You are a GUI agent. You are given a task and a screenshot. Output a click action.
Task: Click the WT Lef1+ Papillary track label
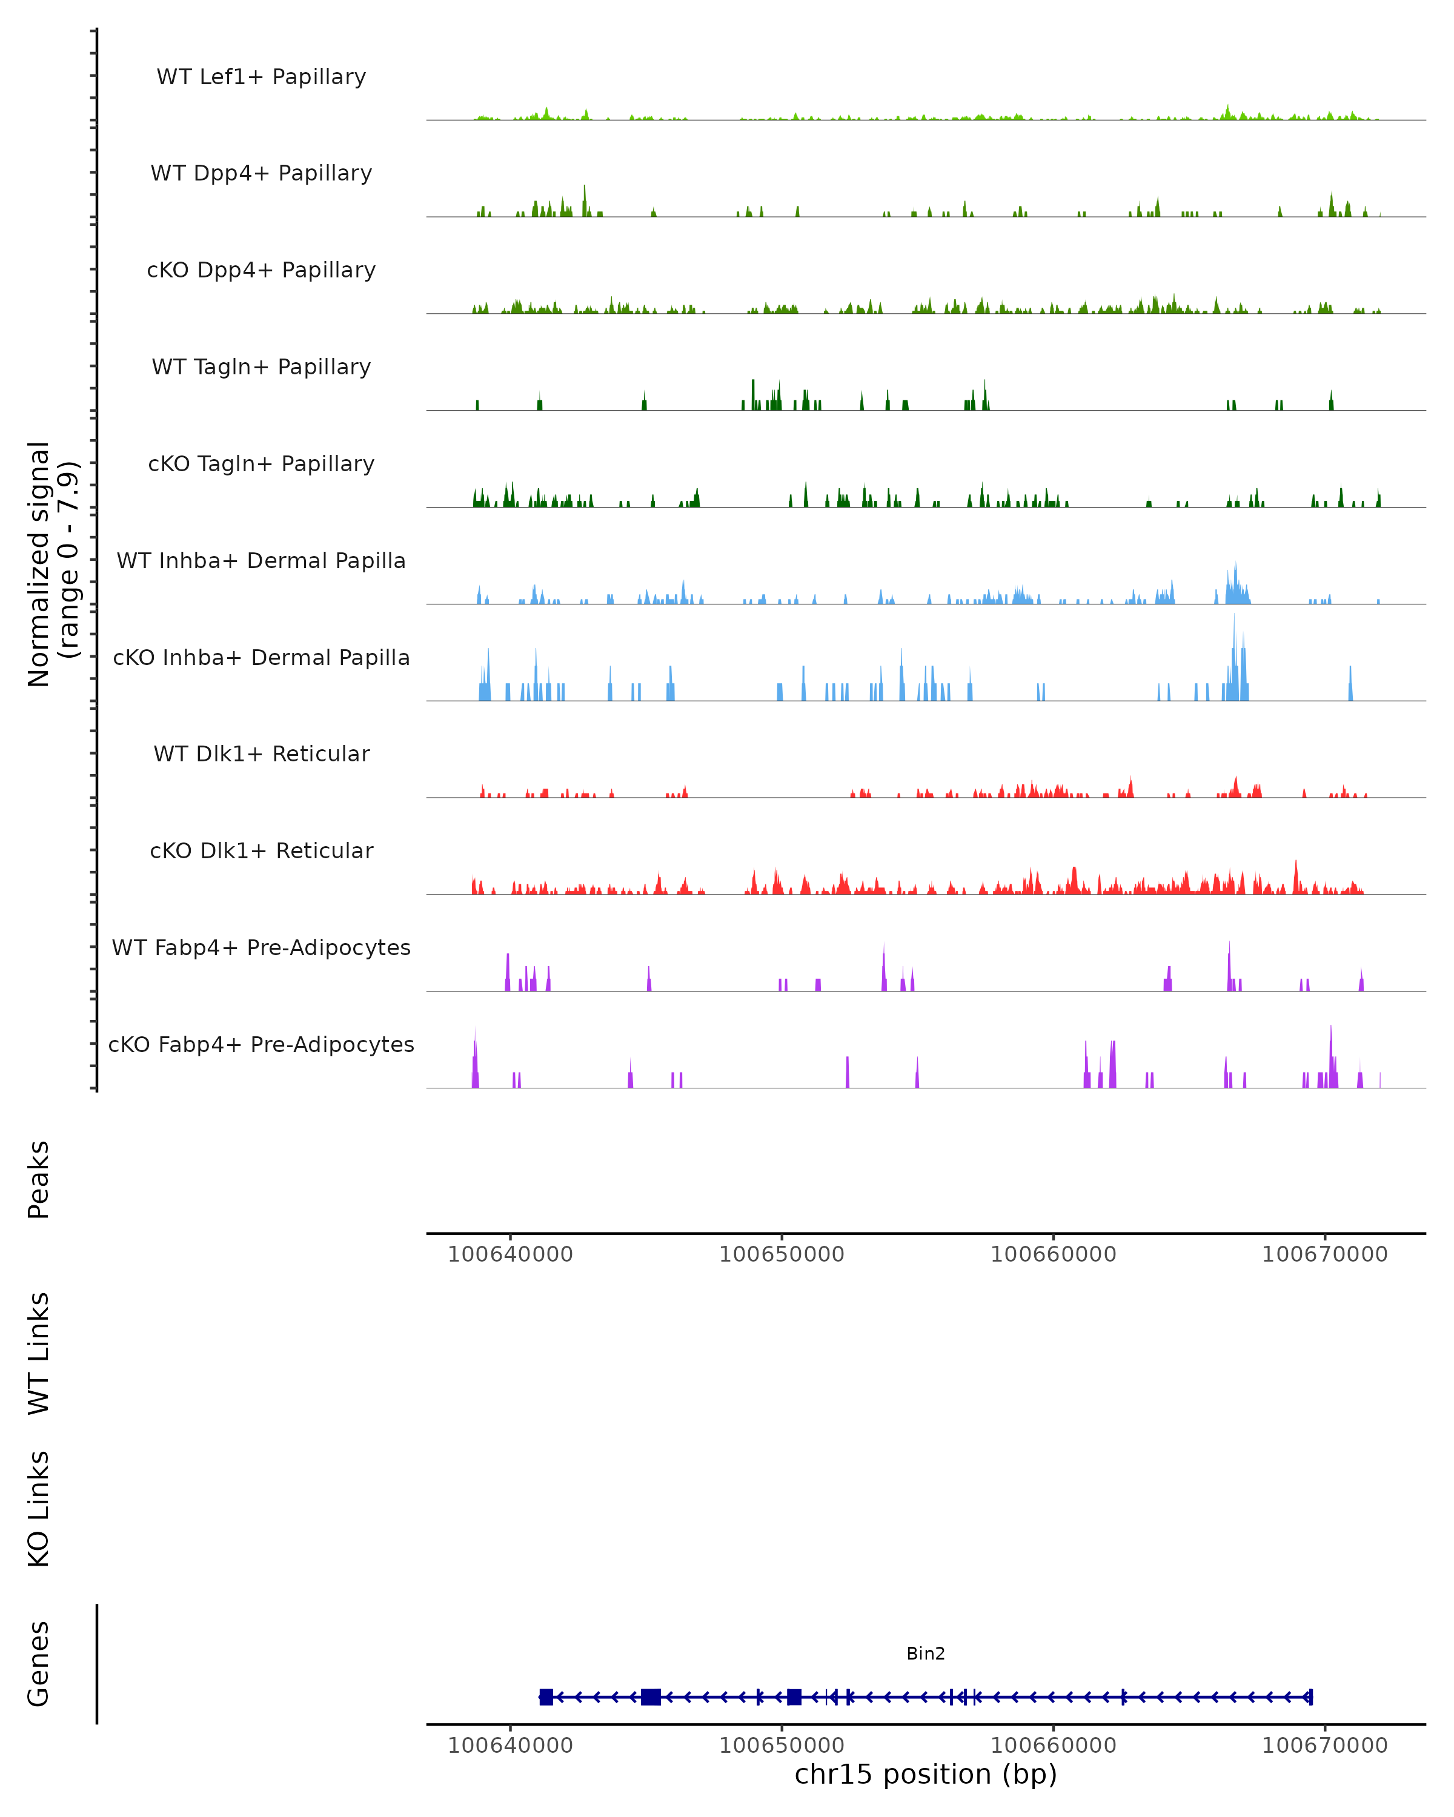261,77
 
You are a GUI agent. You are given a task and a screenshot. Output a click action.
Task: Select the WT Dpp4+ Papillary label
261,174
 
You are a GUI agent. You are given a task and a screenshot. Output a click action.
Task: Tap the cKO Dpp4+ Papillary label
261,271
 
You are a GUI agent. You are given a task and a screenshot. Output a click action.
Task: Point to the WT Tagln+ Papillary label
261,368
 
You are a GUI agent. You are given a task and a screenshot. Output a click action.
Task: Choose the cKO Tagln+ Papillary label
261,465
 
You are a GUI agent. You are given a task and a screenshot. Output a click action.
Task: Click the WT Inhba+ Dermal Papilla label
261,561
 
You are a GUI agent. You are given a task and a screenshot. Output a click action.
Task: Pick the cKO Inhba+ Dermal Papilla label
261,658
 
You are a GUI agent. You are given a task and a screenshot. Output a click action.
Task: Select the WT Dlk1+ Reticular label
261,754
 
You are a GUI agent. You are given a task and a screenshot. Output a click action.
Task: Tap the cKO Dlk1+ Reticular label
261,851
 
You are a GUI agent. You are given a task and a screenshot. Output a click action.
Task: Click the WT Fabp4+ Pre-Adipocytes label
261,948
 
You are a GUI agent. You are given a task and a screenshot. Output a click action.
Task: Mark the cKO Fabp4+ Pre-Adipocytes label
261,1045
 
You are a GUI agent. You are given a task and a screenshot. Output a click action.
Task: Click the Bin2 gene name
926,1653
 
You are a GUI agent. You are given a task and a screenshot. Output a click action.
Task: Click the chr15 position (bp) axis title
926,1775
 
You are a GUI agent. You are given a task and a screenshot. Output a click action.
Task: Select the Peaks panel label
39,1179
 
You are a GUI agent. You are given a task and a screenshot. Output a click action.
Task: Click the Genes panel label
39,1664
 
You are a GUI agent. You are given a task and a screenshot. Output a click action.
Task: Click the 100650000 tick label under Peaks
782,1254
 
